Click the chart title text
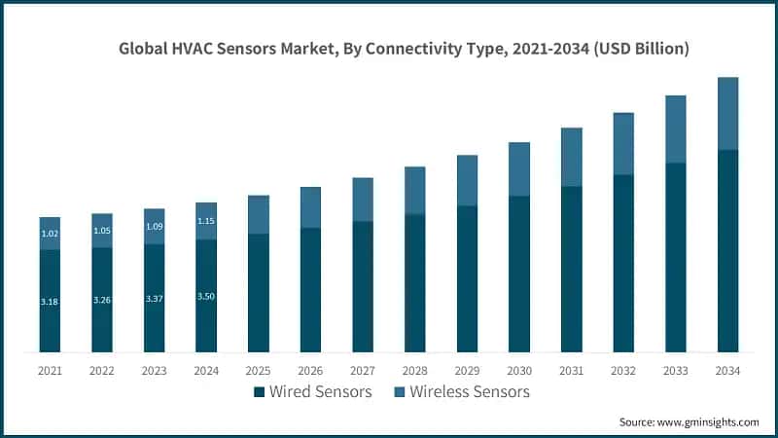point(404,49)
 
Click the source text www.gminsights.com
point(689,421)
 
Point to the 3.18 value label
point(50,302)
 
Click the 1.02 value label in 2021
point(50,234)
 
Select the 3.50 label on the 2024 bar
point(206,295)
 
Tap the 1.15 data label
point(206,221)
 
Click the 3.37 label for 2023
point(154,298)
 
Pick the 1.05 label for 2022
point(102,231)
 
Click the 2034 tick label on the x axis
point(727,370)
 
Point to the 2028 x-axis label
point(414,370)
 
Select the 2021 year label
point(50,370)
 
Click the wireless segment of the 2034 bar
point(727,113)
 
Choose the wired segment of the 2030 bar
point(518,274)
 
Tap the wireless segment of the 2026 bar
point(310,207)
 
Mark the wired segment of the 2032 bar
point(623,263)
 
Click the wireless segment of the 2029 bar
point(467,180)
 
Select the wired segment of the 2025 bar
point(258,292)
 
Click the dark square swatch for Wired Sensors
point(259,392)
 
